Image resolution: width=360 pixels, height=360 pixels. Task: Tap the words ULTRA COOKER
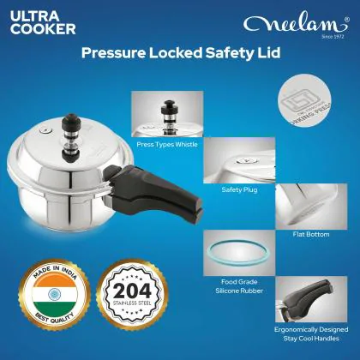click(x=44, y=21)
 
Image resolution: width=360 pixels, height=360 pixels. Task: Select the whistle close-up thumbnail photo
click(x=164, y=106)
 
